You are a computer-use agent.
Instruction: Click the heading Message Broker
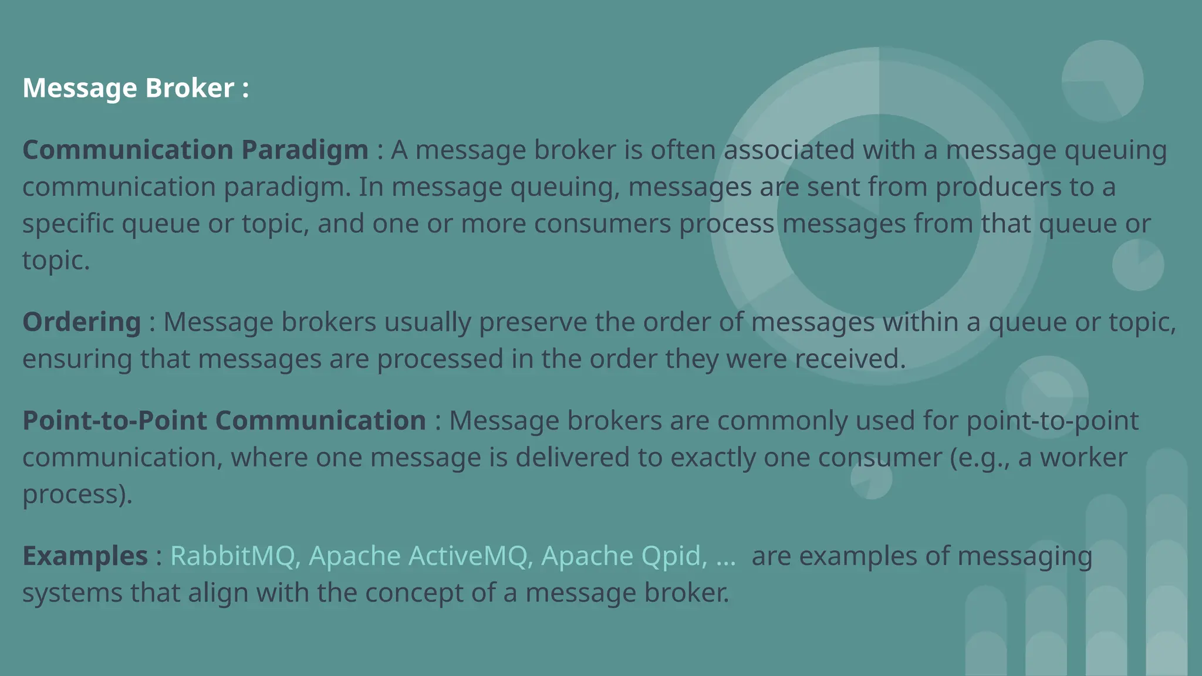pos(135,88)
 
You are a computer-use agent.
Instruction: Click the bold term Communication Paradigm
pos(195,150)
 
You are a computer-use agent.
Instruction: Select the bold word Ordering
pos(82,322)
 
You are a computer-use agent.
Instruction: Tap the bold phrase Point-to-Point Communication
pos(224,420)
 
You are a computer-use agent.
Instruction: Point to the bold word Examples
pos(85,555)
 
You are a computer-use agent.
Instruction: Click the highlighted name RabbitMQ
pos(232,555)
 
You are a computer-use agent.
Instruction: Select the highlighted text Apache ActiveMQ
pos(418,555)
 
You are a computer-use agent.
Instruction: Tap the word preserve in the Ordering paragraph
pos(532,322)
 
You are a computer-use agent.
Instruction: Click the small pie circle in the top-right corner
pos(1102,81)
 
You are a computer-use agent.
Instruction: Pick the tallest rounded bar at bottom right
pos(1166,563)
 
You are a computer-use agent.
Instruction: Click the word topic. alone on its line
pos(56,261)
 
